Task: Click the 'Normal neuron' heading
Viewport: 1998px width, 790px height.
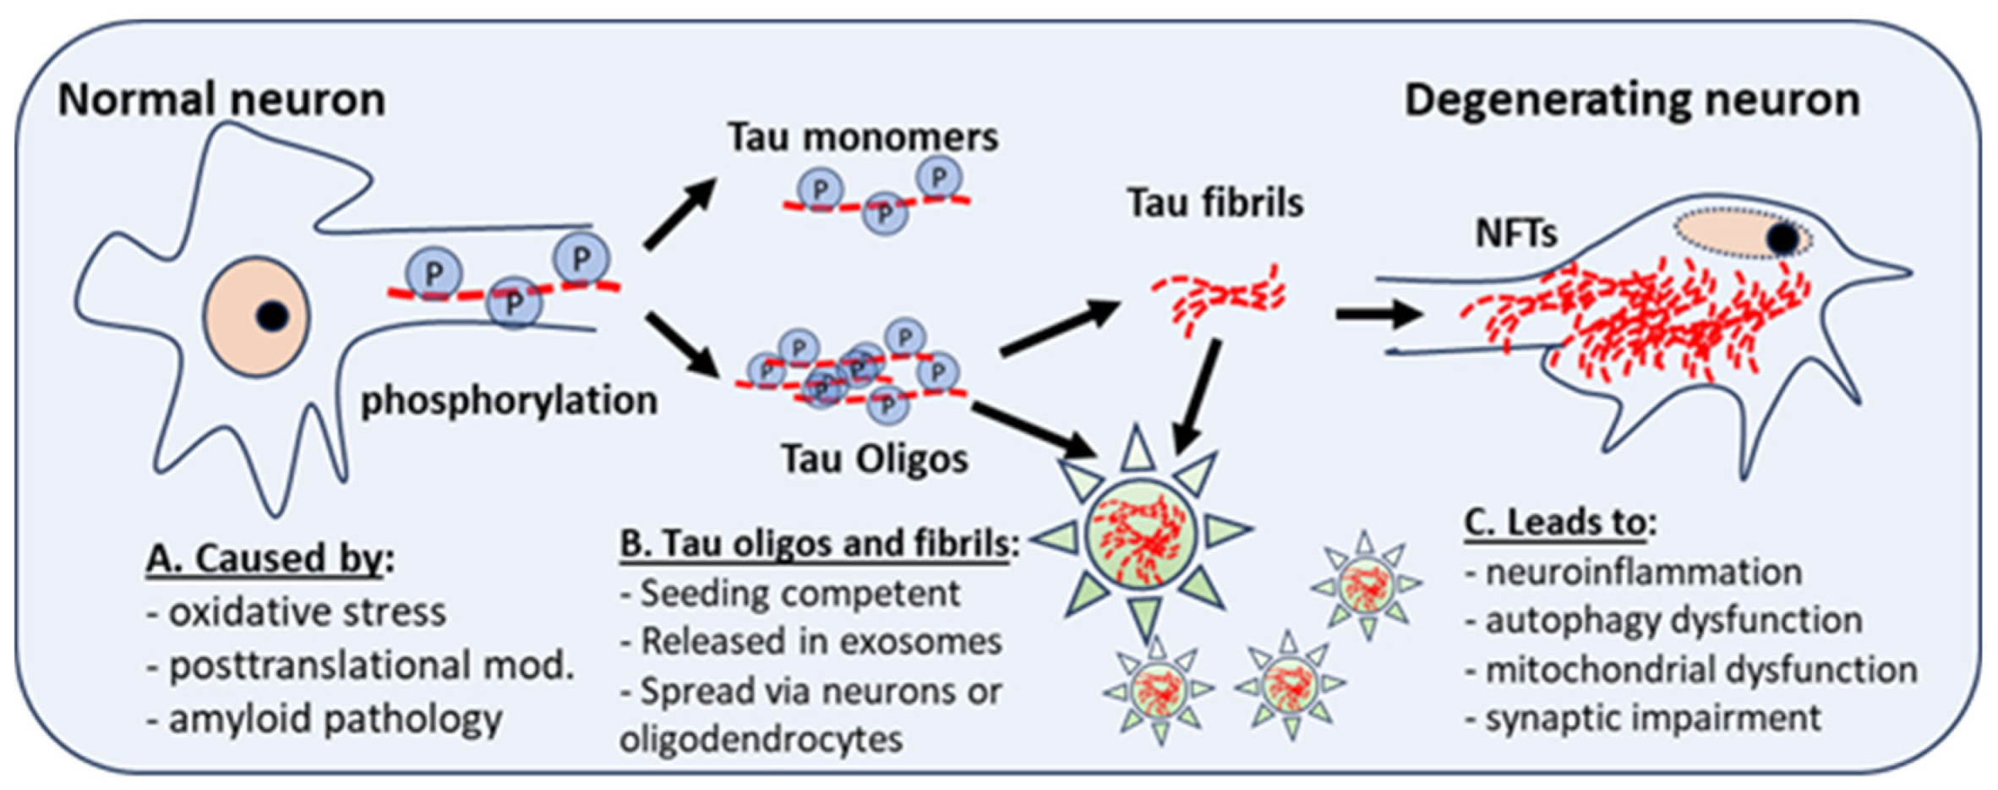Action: [x=221, y=100]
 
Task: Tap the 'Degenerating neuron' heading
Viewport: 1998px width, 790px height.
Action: [x=1631, y=100]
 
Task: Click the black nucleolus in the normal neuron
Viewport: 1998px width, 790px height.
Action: [x=272, y=316]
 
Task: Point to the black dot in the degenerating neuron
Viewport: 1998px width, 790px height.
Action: [x=1783, y=239]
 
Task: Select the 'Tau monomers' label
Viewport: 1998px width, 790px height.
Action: [x=863, y=137]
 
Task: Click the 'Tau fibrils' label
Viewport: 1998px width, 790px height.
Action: [x=1215, y=203]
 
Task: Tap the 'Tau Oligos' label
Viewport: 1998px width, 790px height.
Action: [x=874, y=459]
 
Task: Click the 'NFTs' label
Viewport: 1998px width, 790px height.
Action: [x=1515, y=233]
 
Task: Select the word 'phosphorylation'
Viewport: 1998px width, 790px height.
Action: [x=509, y=400]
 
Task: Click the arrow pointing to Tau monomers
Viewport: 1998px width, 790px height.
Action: [x=680, y=213]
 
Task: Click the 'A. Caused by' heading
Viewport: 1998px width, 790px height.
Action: [x=269, y=558]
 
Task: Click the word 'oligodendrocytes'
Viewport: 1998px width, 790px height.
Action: [x=761, y=739]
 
